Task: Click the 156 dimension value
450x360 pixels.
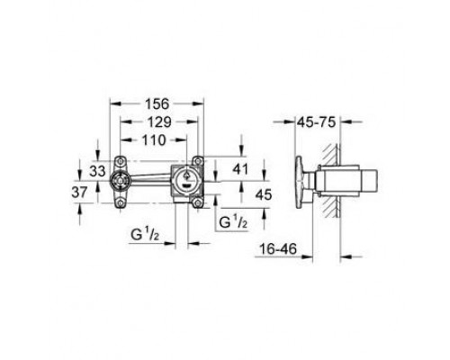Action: (x=157, y=103)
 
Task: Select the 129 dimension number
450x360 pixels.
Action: (x=159, y=121)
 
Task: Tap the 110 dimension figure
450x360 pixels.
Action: (x=154, y=139)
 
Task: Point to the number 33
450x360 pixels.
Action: (x=98, y=171)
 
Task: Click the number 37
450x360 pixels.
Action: (x=79, y=192)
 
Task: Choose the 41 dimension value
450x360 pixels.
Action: (x=240, y=169)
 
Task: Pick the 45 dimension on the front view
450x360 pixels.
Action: (x=264, y=194)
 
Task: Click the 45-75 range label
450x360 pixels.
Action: (x=316, y=122)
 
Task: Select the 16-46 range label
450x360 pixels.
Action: (x=278, y=248)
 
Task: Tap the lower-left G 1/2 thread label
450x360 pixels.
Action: (x=145, y=235)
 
